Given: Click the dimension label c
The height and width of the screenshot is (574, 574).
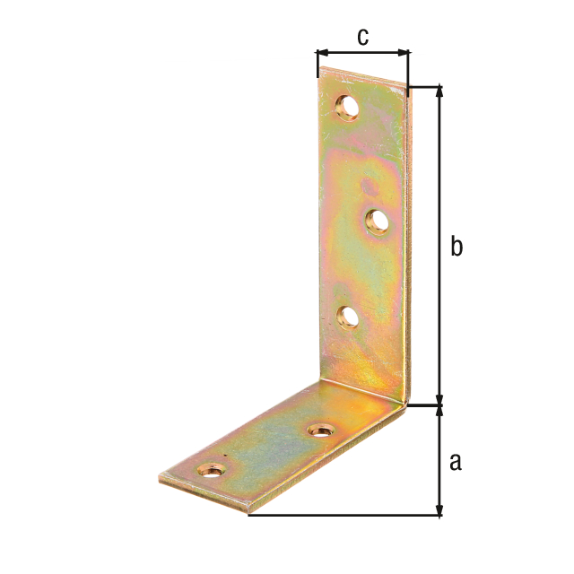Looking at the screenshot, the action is tap(362, 38).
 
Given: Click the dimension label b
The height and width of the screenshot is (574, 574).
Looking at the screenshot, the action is tap(457, 246).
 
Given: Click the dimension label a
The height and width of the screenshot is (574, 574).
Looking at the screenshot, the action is tap(456, 462).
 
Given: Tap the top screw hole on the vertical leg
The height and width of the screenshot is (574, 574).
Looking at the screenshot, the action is tap(347, 108).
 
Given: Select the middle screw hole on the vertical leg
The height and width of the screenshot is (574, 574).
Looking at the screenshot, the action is tap(378, 222).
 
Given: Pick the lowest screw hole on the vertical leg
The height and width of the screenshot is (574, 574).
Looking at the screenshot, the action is tap(348, 317).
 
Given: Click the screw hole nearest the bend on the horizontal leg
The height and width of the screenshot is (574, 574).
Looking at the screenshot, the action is tap(321, 430).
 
